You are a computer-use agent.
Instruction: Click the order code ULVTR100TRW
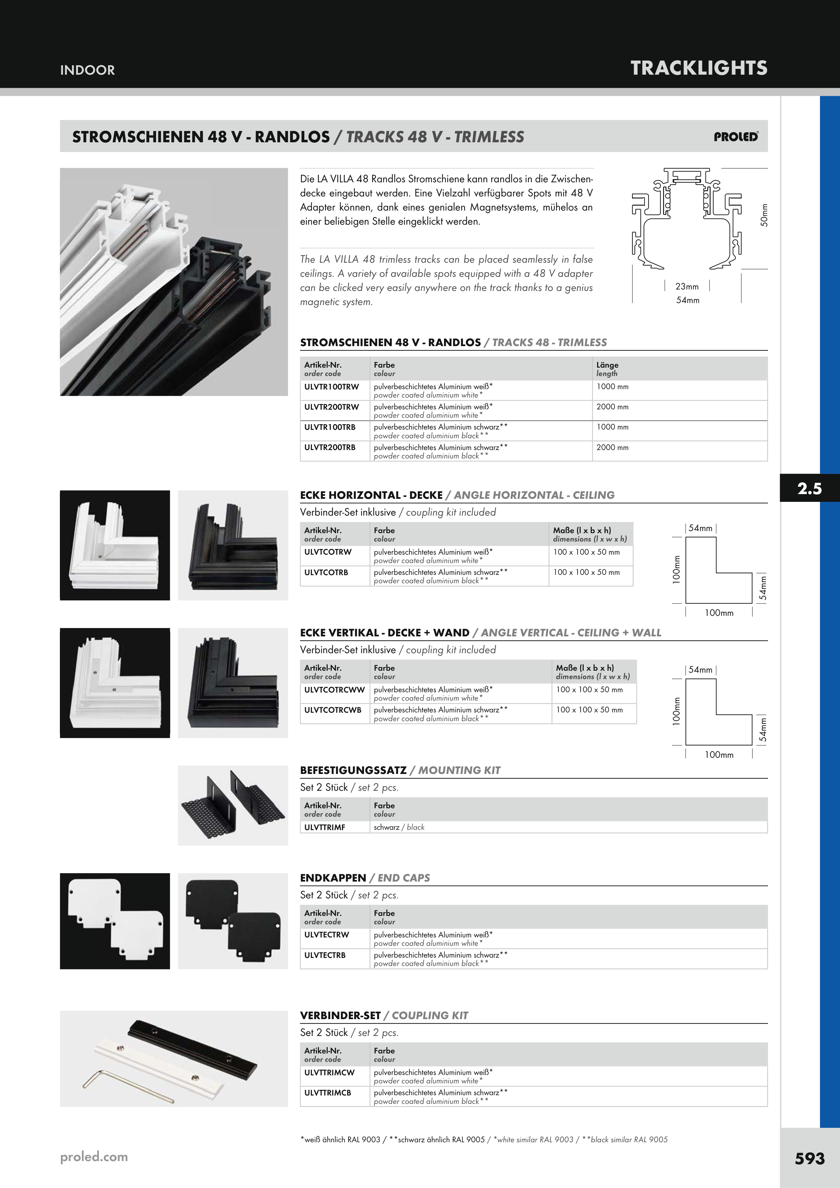(x=331, y=386)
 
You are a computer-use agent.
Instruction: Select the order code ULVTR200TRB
(x=330, y=447)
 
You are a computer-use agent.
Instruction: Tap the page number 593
(x=809, y=1158)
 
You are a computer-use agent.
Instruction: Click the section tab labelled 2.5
(x=809, y=488)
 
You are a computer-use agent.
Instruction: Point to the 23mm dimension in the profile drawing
(x=687, y=286)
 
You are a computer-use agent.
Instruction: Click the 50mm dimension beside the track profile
(x=764, y=215)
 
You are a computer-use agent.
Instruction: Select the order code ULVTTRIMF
(x=325, y=827)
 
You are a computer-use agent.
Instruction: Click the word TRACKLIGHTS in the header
(x=699, y=68)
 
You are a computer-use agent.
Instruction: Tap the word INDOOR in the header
(x=87, y=70)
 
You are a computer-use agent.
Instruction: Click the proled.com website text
(x=94, y=1156)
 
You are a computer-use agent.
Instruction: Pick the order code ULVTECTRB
(x=325, y=955)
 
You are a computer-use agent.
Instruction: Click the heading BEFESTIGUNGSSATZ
(x=353, y=770)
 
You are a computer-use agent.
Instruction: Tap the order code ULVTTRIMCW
(x=329, y=1072)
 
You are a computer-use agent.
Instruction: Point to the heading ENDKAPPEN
(x=333, y=878)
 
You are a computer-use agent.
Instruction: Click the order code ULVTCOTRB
(x=326, y=572)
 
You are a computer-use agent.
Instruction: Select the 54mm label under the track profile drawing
(x=687, y=300)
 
